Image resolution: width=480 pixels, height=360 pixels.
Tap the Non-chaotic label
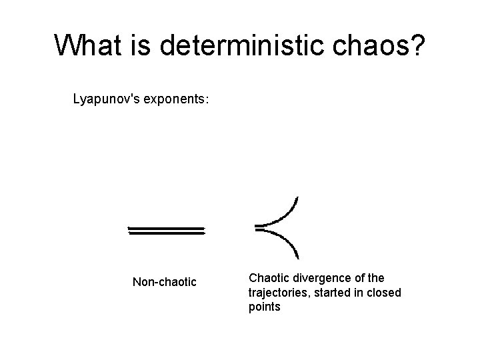coord(164,282)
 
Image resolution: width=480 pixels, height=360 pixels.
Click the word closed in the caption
coord(383,292)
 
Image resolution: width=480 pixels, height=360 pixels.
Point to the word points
coord(264,307)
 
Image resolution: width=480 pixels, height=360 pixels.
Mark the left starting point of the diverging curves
coord(257,227)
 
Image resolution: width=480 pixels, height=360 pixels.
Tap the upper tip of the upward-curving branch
coord(297,197)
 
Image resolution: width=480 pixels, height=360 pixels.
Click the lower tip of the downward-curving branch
coord(297,257)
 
